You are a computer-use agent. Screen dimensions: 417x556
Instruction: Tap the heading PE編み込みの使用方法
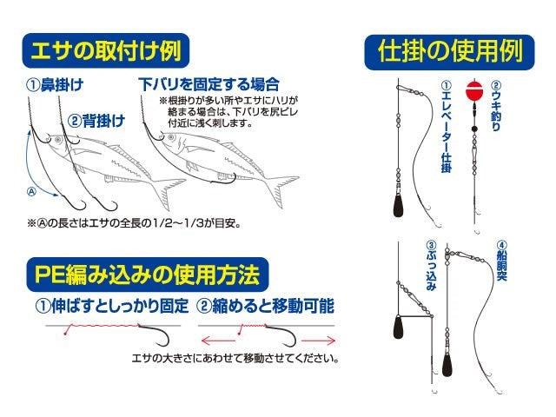click(x=143, y=275)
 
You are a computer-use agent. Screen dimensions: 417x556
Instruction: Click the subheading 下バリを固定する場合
click(x=209, y=85)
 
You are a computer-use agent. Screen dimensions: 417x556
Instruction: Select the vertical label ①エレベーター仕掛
click(x=446, y=126)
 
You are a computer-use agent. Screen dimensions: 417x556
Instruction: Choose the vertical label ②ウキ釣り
click(x=496, y=106)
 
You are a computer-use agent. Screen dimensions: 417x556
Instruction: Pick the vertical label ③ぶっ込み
click(x=431, y=266)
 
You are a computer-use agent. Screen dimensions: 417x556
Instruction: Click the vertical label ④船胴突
click(x=501, y=265)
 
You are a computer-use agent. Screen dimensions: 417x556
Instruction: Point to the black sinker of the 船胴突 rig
click(x=447, y=361)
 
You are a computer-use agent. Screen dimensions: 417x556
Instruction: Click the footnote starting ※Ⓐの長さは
click(x=134, y=223)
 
